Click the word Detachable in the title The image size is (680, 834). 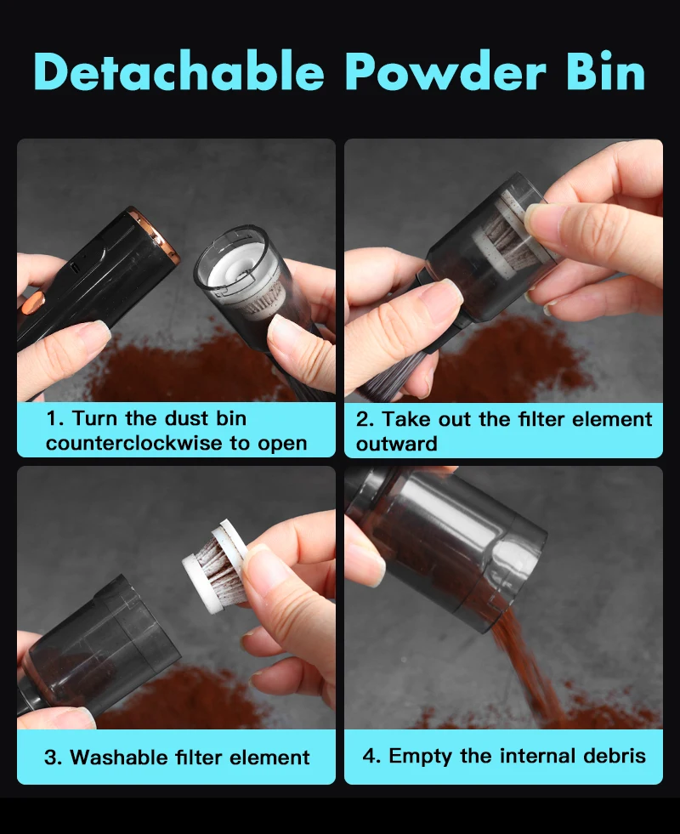(x=179, y=71)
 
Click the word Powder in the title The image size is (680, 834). (x=445, y=71)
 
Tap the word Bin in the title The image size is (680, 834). (x=605, y=71)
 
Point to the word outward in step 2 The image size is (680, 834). (x=397, y=444)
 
